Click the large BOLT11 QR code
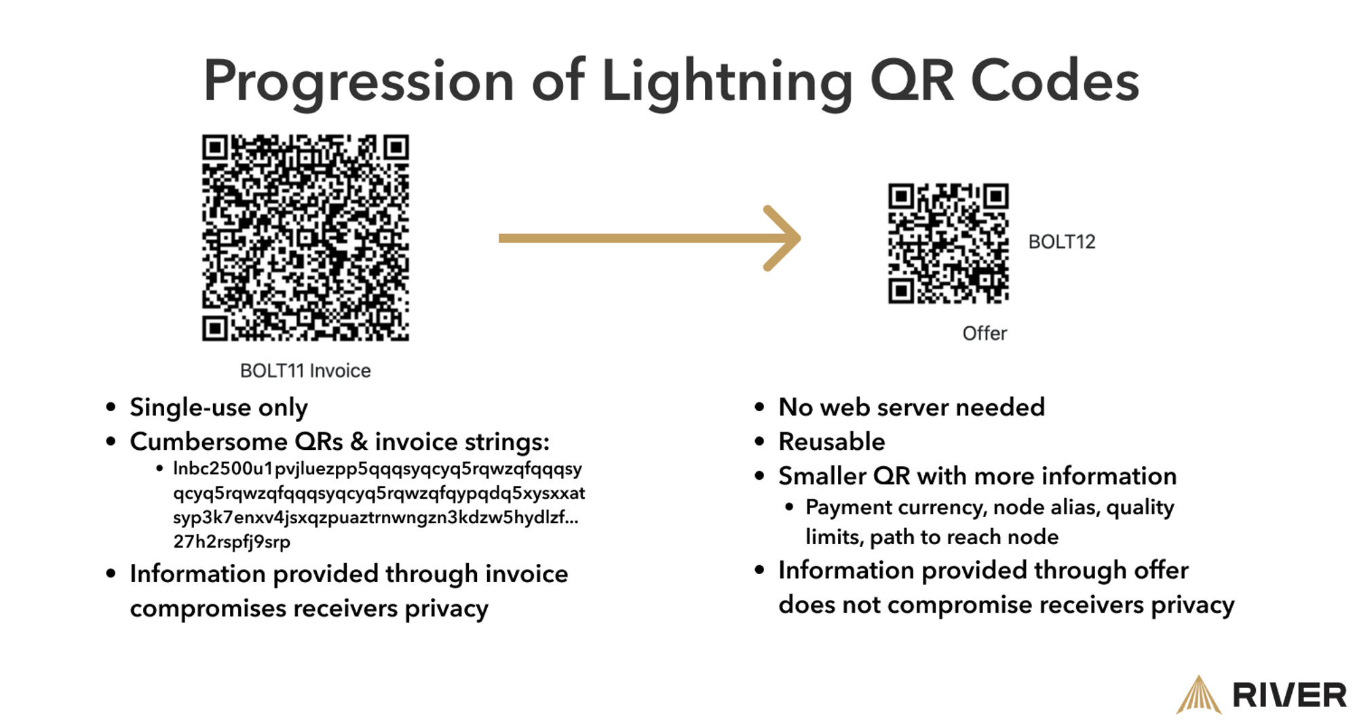point(305,237)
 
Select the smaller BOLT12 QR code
point(949,243)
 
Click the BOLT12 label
point(1062,242)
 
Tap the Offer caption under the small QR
point(985,333)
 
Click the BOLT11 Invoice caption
point(305,370)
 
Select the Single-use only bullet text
point(218,408)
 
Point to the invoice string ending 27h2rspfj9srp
point(231,541)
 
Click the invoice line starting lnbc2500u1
point(377,469)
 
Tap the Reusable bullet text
point(832,442)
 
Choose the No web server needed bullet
point(912,407)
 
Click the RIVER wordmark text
point(1289,696)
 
